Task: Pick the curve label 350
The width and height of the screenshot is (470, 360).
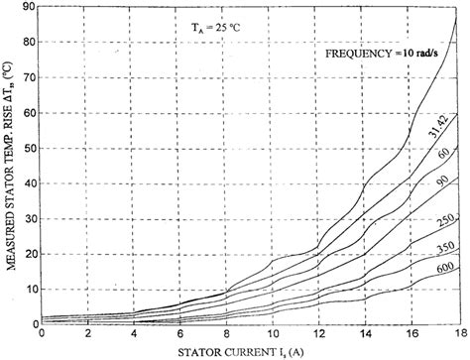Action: [x=437, y=244]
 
